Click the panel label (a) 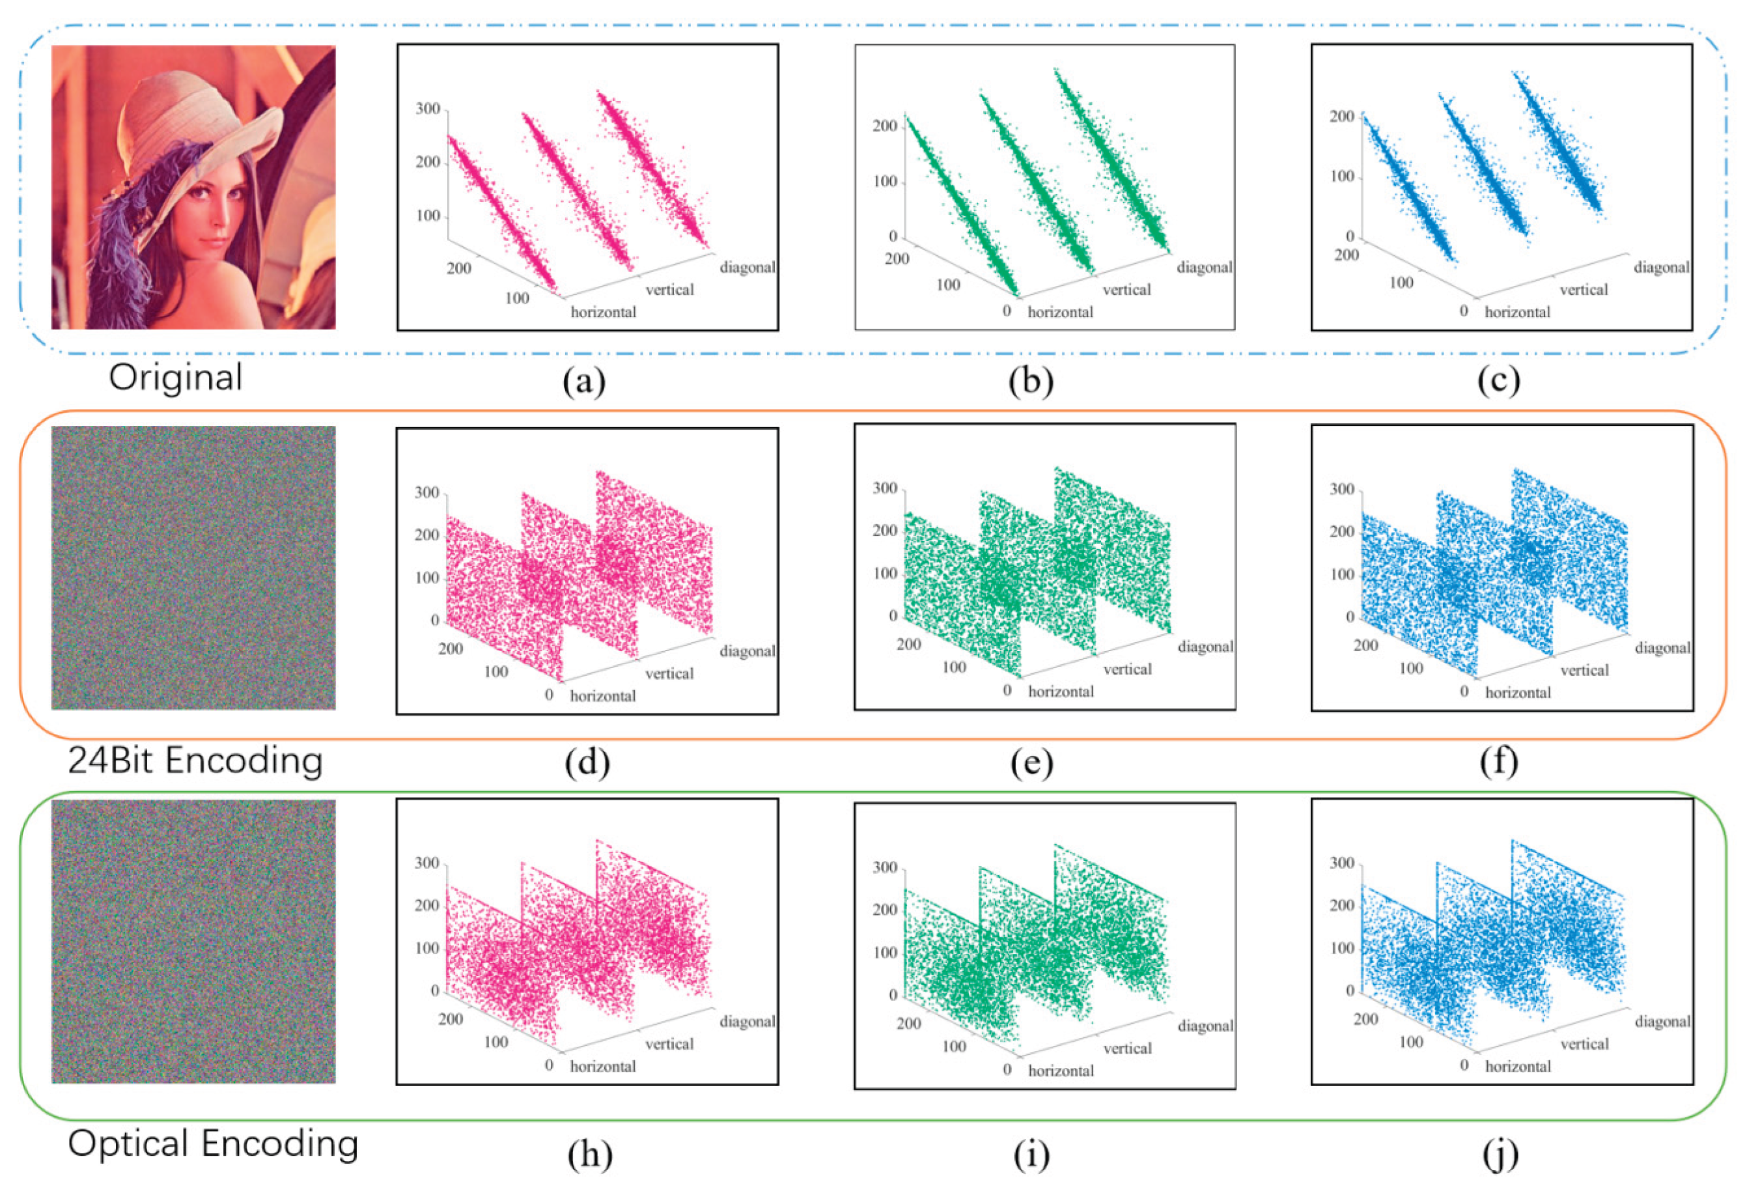click(x=584, y=381)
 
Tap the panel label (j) click(x=1500, y=1154)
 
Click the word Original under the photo click(x=176, y=377)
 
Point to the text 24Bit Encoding click(x=195, y=761)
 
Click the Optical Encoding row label click(x=212, y=1143)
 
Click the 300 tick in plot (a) click(x=428, y=109)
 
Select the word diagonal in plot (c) click(x=1662, y=268)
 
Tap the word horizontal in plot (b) click(x=1060, y=312)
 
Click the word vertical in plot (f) click(x=1584, y=670)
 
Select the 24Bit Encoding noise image click(x=193, y=568)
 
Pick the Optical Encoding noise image click(x=193, y=941)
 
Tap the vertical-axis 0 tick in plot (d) click(x=435, y=621)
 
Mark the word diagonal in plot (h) click(x=747, y=1021)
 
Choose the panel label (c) click(x=1498, y=381)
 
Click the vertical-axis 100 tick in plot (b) click(x=886, y=182)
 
